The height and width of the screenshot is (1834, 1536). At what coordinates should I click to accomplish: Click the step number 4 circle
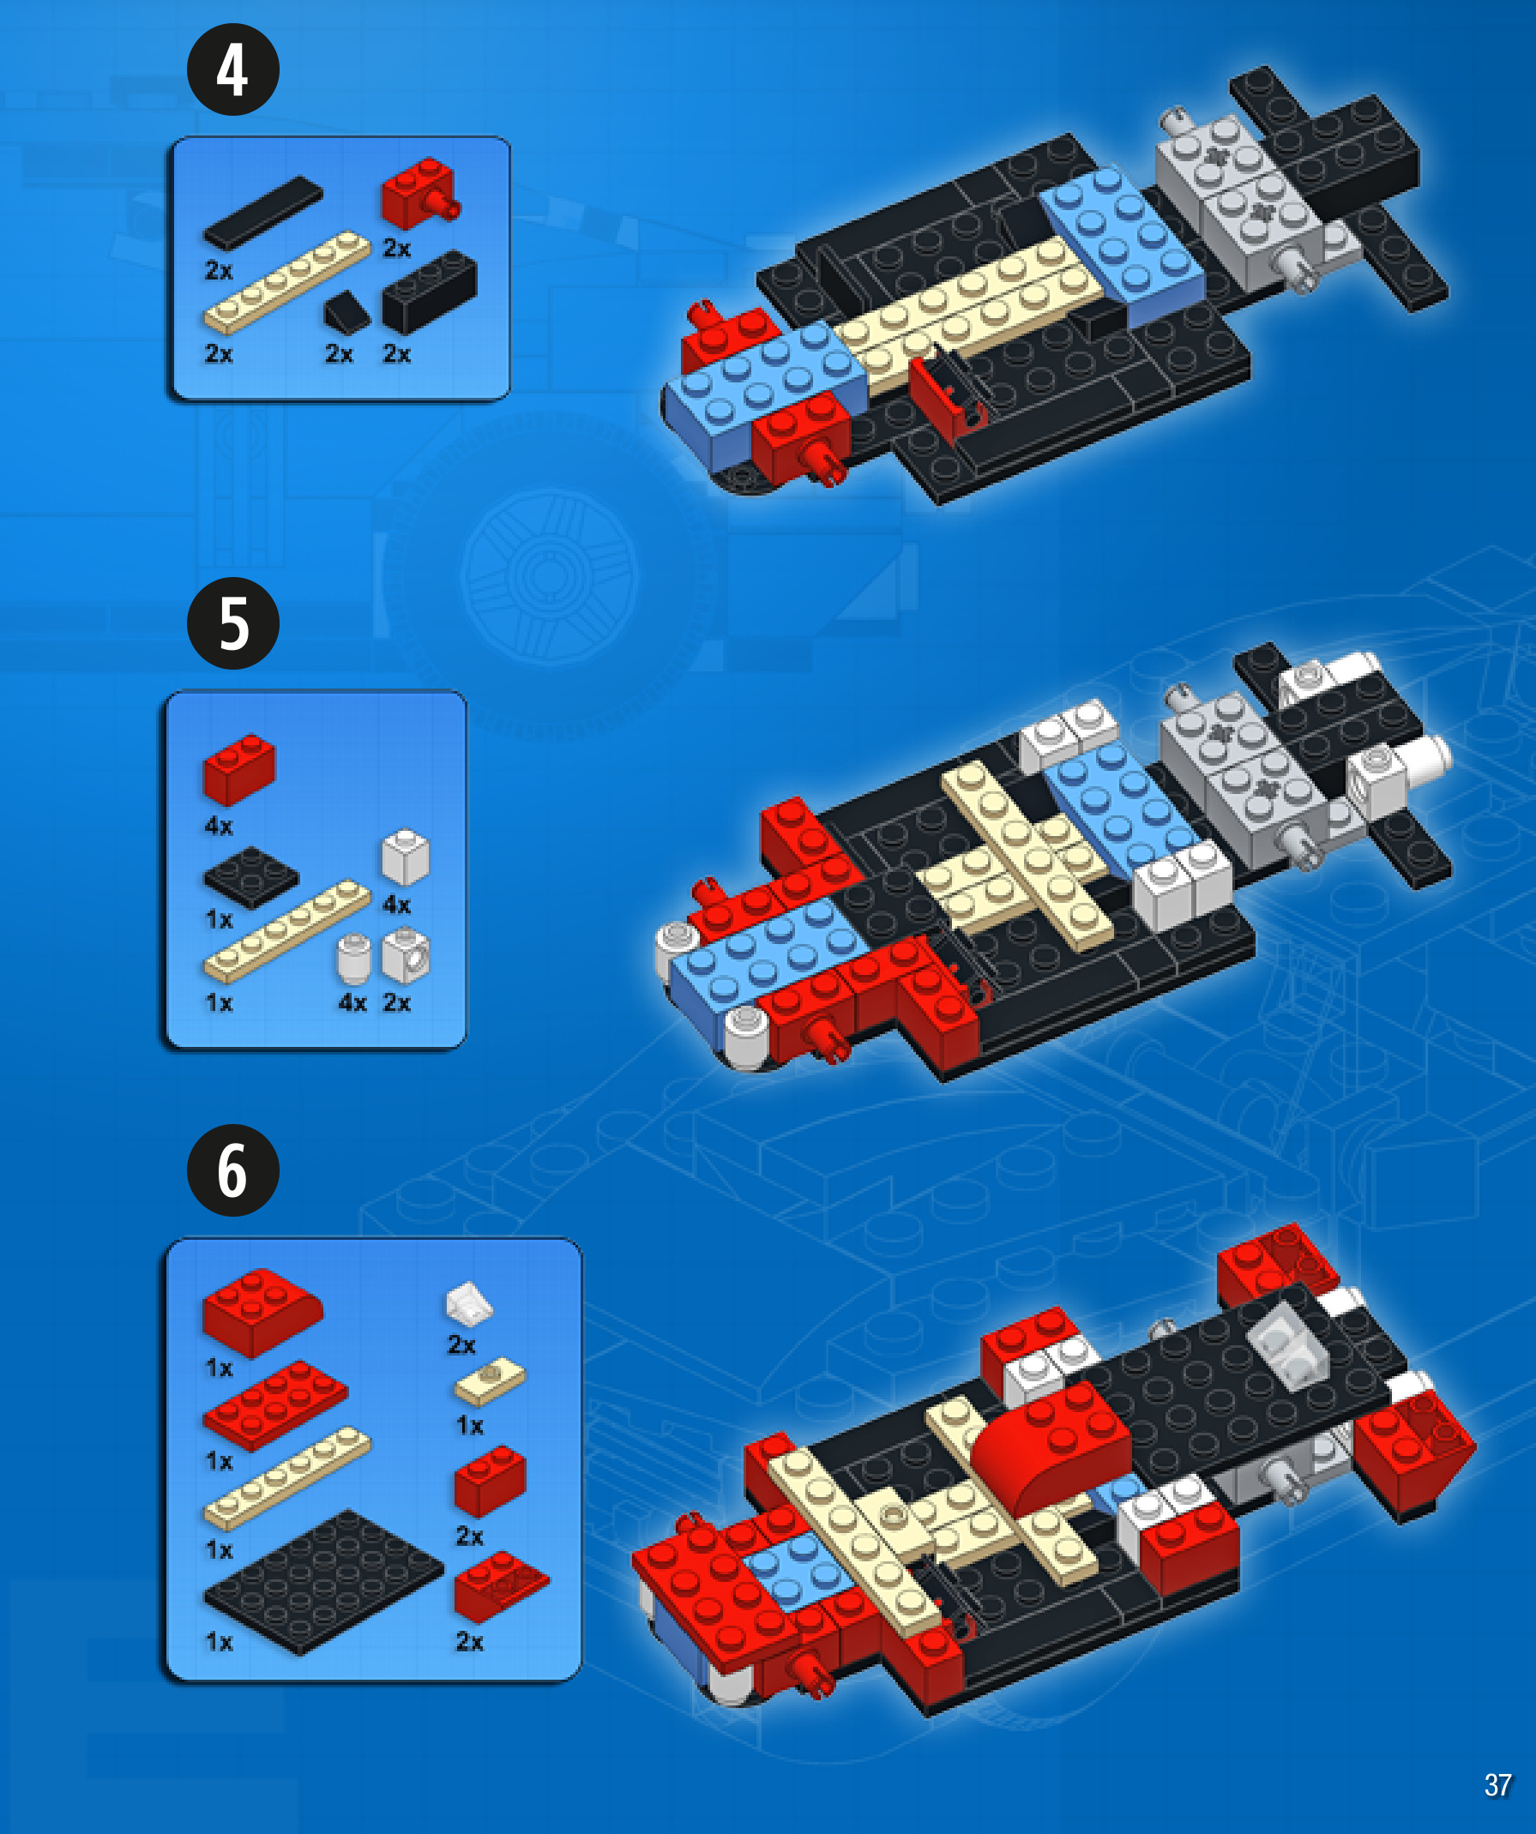(233, 69)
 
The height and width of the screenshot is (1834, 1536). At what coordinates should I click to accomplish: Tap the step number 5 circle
(233, 623)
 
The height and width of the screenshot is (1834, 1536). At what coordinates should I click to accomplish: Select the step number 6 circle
(233, 1170)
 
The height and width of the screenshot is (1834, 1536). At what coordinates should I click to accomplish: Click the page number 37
(1497, 1785)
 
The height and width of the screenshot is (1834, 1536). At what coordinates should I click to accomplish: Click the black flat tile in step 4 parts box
(263, 213)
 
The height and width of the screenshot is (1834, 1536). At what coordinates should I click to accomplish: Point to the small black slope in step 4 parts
(346, 313)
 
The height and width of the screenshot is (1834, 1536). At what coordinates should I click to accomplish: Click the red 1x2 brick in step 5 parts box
(238, 769)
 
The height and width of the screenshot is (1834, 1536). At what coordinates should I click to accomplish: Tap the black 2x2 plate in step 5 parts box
(251, 877)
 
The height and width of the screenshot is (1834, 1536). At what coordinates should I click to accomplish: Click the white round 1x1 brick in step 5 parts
(354, 960)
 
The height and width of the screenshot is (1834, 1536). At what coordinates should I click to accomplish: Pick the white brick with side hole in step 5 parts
(406, 955)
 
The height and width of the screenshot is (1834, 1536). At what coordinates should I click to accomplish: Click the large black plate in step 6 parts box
(323, 1582)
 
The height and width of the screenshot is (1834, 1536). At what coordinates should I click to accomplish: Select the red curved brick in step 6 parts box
(262, 1313)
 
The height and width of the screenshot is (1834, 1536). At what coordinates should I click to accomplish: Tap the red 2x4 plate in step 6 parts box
(275, 1405)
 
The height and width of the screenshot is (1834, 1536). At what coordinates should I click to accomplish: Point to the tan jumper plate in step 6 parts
(491, 1380)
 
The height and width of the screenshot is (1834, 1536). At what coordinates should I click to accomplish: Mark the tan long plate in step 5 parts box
(287, 931)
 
